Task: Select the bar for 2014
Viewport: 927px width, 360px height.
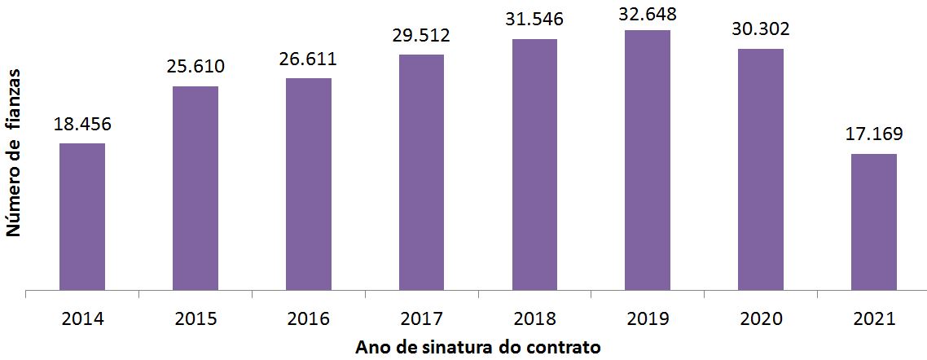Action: pos(82,216)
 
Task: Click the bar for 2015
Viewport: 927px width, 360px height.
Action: pos(196,187)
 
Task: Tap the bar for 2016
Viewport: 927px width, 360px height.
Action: pos(309,183)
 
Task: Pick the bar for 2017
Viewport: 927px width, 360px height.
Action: pos(422,171)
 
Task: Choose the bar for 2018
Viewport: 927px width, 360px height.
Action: pos(534,164)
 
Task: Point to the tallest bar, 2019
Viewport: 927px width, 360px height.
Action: pos(648,160)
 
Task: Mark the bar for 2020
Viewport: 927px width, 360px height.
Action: pos(761,169)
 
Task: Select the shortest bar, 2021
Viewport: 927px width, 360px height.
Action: pos(874,221)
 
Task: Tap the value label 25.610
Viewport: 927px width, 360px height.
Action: pos(196,68)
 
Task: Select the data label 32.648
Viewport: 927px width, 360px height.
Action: pos(648,12)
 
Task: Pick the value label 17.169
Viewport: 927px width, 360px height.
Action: pos(874,135)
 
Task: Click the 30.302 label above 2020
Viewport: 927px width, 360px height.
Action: pos(761,30)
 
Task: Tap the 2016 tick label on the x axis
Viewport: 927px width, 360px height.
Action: pos(309,318)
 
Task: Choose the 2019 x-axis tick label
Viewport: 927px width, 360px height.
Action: pos(648,318)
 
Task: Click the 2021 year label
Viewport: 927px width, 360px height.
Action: pos(874,318)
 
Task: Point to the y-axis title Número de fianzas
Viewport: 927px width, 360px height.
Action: pos(13,154)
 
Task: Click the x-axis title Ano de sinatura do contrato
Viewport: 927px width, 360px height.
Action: pos(478,347)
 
